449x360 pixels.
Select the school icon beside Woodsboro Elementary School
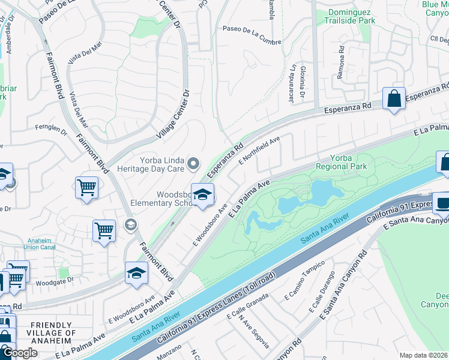(203, 194)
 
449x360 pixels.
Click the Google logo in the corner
(20, 353)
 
